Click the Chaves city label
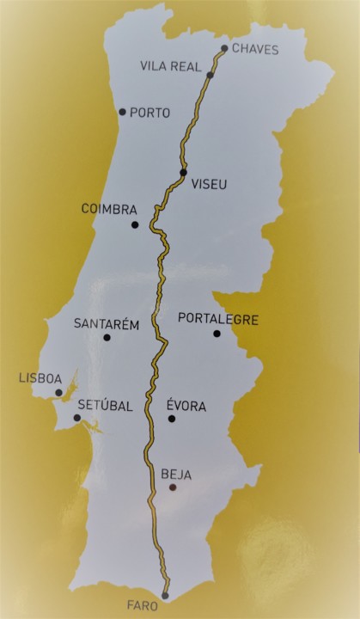point(255,50)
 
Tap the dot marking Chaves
point(224,49)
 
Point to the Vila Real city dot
point(210,76)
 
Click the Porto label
point(150,113)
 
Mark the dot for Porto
point(123,112)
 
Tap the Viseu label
point(211,184)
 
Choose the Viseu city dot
point(183,173)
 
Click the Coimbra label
point(109,208)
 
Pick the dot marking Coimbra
point(135,225)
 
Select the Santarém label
point(107,324)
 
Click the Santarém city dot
point(107,338)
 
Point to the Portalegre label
point(218,319)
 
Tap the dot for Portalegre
point(217,334)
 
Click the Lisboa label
point(40,378)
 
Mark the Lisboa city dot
point(58,393)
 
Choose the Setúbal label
point(106,406)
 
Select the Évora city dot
point(172,419)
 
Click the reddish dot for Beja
point(173,487)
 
